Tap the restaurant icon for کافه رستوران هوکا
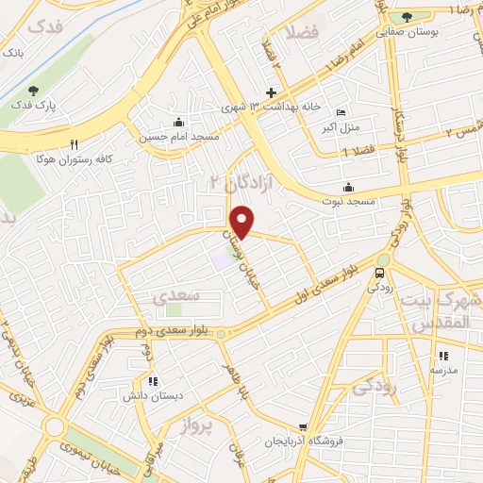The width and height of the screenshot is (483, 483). pos(74,144)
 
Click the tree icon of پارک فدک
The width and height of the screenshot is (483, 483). pos(35,91)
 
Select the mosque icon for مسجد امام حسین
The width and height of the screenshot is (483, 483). pos(178,122)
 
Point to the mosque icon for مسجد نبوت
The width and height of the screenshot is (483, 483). pos(349,186)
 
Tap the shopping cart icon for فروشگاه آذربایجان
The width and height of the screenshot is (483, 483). pos(302,426)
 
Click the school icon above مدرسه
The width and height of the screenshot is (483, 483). pos(442,356)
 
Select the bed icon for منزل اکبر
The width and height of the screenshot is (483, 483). pos(341,112)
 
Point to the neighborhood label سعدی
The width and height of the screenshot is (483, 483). pos(175,295)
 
